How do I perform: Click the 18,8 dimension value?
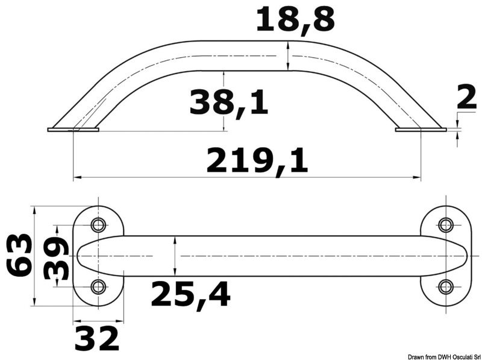[x=295, y=20]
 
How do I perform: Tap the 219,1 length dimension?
[x=257, y=161]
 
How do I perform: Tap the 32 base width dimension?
[x=97, y=338]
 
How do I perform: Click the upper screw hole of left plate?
[x=98, y=226]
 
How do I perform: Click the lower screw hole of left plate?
[x=98, y=286]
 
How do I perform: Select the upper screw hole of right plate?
[x=446, y=226]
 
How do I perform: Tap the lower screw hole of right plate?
[x=446, y=286]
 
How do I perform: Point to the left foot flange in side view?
[x=72, y=129]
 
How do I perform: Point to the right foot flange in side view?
[x=421, y=129]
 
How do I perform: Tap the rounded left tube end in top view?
[x=84, y=256]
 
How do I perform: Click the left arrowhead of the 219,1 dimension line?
[x=76, y=178]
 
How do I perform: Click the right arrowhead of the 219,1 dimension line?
[x=418, y=178]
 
